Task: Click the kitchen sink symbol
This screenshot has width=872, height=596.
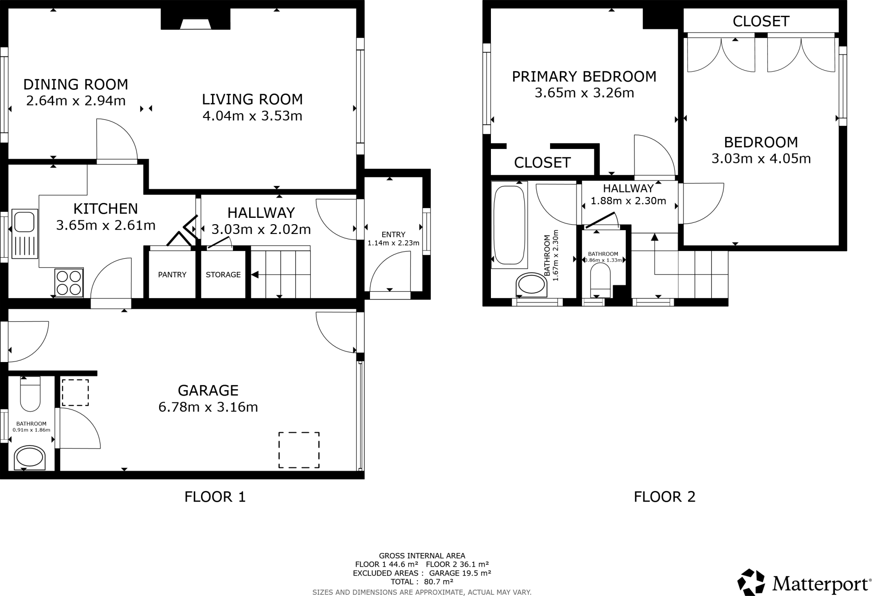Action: (x=25, y=234)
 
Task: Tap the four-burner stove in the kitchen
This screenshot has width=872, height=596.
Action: (x=69, y=283)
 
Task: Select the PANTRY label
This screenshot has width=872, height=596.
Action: (x=172, y=275)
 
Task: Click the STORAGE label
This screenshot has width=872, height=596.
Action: (x=223, y=275)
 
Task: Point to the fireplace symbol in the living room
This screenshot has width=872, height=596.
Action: (x=195, y=24)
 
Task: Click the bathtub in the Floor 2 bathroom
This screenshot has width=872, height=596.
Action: (x=509, y=225)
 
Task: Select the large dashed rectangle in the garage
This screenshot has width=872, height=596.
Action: (x=299, y=450)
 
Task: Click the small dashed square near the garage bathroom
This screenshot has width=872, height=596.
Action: (x=75, y=393)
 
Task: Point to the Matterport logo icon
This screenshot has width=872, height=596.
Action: (x=752, y=582)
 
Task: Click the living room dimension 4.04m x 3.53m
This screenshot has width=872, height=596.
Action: (x=252, y=116)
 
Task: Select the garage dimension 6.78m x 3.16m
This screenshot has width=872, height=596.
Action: (x=208, y=407)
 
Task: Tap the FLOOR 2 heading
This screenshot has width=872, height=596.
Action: (x=664, y=497)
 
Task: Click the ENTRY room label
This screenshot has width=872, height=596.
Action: (x=393, y=234)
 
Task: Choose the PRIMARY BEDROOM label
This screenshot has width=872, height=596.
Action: (x=584, y=77)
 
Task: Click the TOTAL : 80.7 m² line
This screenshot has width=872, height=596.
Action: (x=422, y=582)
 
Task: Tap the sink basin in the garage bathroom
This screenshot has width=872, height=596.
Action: (x=29, y=458)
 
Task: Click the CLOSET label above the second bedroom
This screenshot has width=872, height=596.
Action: (x=761, y=21)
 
